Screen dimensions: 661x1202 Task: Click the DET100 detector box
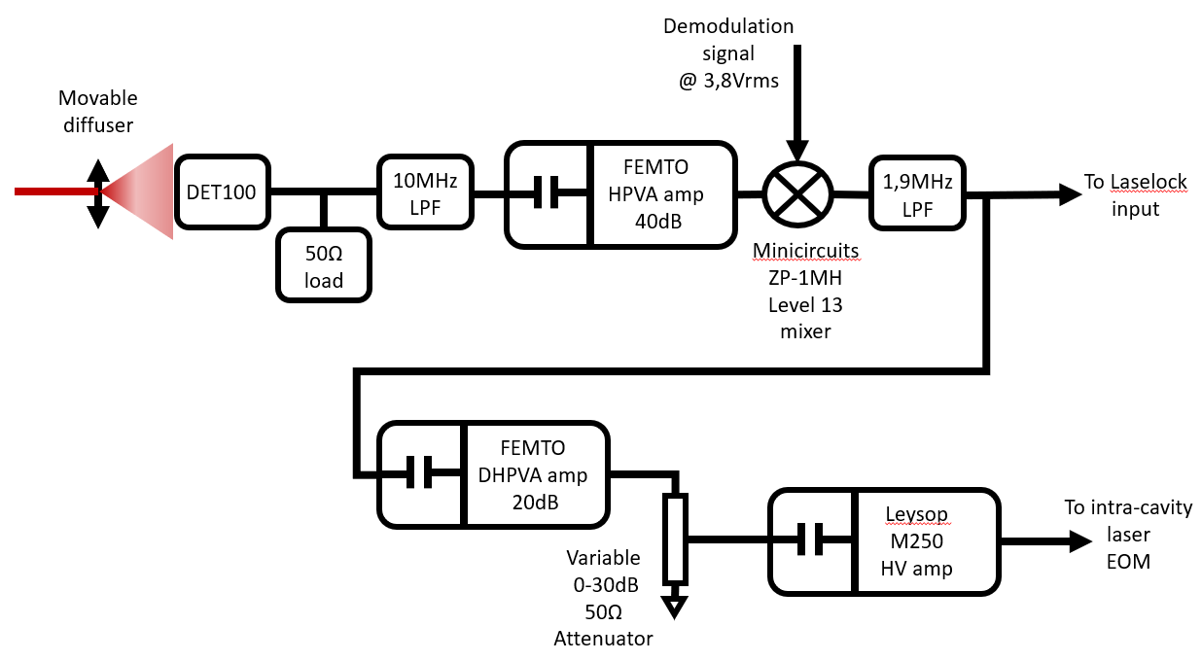pyautogui.click(x=221, y=192)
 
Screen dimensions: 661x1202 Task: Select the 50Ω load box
pyautogui.click(x=324, y=267)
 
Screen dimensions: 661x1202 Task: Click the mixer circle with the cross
pyautogui.click(x=796, y=192)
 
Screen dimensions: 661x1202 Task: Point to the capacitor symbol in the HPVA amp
pyautogui.click(x=548, y=193)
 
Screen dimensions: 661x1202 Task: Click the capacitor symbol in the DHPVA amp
pyautogui.click(x=421, y=472)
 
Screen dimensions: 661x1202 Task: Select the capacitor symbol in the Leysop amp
pyautogui.click(x=812, y=539)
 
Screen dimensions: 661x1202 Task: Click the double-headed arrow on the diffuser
pyautogui.click(x=97, y=192)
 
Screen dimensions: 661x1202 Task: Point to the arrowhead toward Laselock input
pyautogui.click(x=1070, y=193)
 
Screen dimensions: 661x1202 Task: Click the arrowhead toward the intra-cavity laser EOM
pyautogui.click(x=1079, y=541)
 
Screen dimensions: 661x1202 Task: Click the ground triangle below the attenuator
pyautogui.click(x=675, y=608)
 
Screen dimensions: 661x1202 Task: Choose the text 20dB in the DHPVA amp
pyautogui.click(x=529, y=502)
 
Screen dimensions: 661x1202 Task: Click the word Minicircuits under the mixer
pyautogui.click(x=806, y=252)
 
